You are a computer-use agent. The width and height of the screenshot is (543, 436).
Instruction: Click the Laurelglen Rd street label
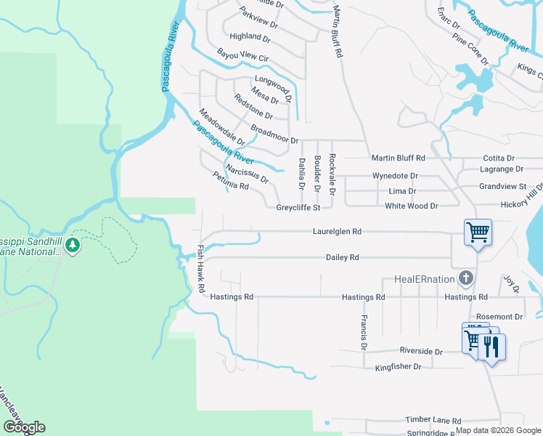tap(337, 231)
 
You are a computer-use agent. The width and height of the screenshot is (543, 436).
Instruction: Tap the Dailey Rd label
tap(343, 257)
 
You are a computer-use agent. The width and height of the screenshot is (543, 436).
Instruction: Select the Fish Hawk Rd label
tap(201, 268)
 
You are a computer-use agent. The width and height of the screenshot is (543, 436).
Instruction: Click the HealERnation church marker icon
tap(466, 278)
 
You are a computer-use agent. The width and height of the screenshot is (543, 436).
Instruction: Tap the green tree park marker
tap(72, 245)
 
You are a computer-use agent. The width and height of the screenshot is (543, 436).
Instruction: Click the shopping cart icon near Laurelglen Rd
tap(478, 233)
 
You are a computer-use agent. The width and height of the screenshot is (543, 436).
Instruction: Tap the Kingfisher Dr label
tap(398, 367)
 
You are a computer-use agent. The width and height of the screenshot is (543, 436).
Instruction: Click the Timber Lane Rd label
tap(434, 421)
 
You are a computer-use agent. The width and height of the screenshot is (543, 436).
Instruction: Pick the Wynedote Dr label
tap(395, 176)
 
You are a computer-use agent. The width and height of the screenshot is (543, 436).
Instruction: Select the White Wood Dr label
tap(412, 206)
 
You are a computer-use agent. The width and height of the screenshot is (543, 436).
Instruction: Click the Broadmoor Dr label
tap(274, 134)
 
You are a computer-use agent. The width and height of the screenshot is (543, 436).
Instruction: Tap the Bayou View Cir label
tap(242, 55)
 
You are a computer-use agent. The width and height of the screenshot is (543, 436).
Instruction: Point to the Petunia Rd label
tap(231, 181)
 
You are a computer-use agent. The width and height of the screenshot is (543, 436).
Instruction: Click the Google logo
tap(24, 427)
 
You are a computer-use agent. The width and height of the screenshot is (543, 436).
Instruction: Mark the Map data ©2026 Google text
tap(497, 430)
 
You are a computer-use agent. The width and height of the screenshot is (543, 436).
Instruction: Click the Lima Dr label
tap(402, 191)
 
